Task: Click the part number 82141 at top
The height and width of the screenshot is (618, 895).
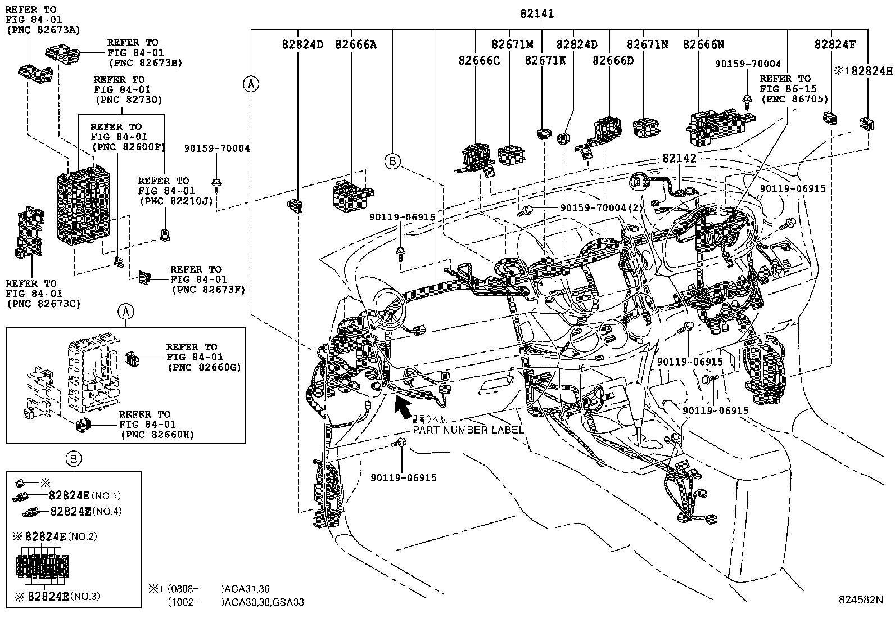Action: point(537,13)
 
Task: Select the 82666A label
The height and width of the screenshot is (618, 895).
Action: point(356,44)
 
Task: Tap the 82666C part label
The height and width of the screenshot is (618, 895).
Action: point(479,60)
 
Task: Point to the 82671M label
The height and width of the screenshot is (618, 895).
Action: point(512,44)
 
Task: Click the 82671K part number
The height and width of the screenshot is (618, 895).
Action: point(545,60)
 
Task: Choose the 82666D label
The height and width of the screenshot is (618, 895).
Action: point(613,60)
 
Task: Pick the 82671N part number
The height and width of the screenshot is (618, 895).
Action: point(647,44)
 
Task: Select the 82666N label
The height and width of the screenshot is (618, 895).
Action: point(703,44)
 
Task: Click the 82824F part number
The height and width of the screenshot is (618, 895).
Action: point(835,44)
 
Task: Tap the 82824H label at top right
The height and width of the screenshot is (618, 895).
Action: point(872,71)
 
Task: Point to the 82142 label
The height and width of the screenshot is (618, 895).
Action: point(679,159)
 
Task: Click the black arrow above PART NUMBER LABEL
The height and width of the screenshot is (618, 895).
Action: point(402,406)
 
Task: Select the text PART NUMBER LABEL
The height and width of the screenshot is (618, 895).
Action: point(468,430)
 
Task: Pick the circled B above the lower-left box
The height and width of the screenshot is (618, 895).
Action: point(74,459)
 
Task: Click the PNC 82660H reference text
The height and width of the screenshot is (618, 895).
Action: point(157,435)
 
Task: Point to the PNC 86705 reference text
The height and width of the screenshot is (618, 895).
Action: point(794,99)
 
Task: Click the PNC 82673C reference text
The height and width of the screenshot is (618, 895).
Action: point(43,304)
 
